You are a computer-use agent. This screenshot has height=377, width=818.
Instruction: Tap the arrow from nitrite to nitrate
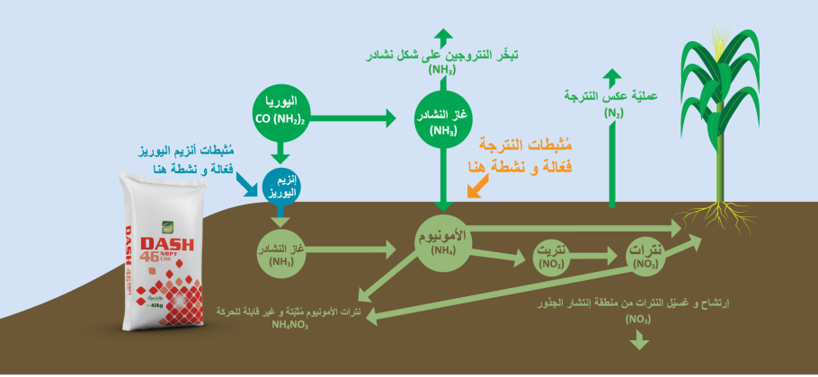(x=600, y=258)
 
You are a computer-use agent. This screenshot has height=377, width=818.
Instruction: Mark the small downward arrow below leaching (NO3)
(x=640, y=340)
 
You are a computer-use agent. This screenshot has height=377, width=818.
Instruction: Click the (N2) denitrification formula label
(x=613, y=112)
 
